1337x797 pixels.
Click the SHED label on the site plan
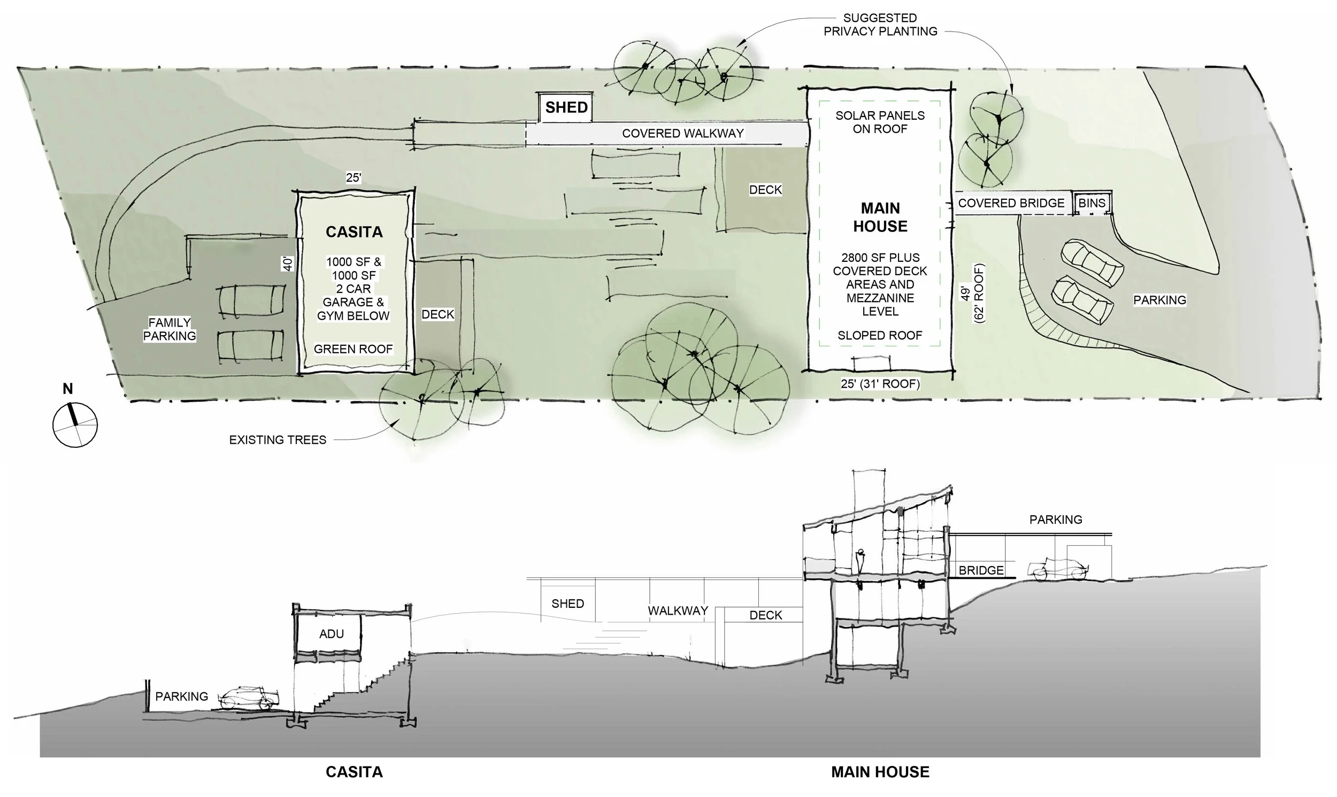tap(566, 107)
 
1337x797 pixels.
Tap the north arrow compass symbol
tap(75, 424)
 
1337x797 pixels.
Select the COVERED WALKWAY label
tap(683, 133)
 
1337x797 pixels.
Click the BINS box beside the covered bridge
tap(1092, 203)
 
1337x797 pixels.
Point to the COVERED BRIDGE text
tap(1011, 203)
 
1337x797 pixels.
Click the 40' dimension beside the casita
tap(288, 263)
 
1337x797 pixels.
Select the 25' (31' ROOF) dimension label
tap(880, 384)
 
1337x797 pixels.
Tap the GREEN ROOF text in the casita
tap(353, 349)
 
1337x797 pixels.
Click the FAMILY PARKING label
tap(169, 329)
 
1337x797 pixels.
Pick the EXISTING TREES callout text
tap(278, 440)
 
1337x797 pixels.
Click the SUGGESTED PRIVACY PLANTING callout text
tap(880, 25)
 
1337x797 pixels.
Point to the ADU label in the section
tap(332, 634)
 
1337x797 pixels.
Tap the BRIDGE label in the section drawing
tap(981, 570)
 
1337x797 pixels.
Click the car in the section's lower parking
tap(248, 699)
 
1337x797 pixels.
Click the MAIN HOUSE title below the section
tap(880, 772)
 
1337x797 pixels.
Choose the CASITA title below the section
tap(354, 772)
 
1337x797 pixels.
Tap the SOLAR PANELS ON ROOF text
tap(880, 122)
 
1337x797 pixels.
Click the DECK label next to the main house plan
tap(765, 190)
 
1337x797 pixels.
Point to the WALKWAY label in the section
tap(678, 610)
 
